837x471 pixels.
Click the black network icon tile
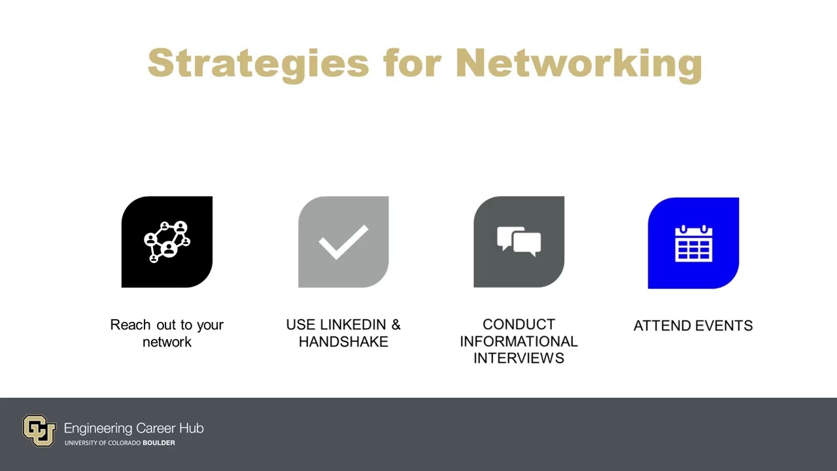tap(167, 242)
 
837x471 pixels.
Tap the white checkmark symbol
tap(343, 242)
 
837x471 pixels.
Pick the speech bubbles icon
tap(519, 241)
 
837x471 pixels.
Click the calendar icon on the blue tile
tap(693, 243)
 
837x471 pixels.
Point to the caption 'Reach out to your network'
tap(167, 333)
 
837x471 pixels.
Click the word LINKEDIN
tap(354, 325)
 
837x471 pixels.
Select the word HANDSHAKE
tap(343, 341)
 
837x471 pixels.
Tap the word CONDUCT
tap(519, 324)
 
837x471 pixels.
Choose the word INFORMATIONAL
tap(519, 341)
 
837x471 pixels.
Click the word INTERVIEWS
tap(519, 358)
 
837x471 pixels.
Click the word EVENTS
tap(723, 326)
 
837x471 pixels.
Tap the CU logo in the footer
tap(39, 430)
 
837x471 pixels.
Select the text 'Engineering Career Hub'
tap(133, 428)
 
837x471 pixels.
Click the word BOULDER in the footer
tap(159, 443)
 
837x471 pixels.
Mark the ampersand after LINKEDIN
tap(396, 325)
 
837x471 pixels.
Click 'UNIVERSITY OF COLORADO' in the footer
tap(102, 443)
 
